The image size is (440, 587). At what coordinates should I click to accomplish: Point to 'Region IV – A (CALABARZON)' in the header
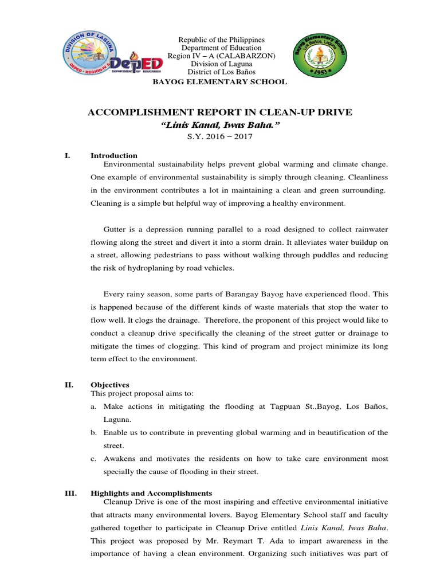(221, 56)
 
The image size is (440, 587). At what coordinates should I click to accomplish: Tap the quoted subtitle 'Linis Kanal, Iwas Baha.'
(221, 125)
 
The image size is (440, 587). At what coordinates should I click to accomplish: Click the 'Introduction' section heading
(114, 155)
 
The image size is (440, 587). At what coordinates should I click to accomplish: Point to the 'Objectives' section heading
(110, 385)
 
